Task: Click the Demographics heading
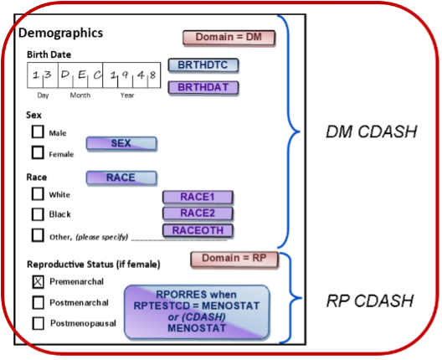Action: tap(60, 33)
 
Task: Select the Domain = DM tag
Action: tap(229, 38)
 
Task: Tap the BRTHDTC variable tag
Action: tap(203, 65)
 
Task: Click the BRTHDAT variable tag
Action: tap(203, 88)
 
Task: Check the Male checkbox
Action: tap(38, 131)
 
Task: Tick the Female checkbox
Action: tap(38, 152)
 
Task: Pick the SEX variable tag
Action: tap(121, 143)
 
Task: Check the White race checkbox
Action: tap(38, 194)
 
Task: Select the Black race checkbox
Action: tap(38, 214)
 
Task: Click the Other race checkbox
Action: tap(38, 235)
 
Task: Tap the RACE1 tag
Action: tap(198, 197)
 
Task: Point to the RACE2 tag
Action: tap(198, 213)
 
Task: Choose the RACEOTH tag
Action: tap(198, 230)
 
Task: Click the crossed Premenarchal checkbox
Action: tap(38, 281)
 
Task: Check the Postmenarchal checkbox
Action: tap(38, 302)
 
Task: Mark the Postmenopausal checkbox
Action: tap(38, 323)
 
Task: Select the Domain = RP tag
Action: tap(234, 259)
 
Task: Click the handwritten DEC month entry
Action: tap(81, 75)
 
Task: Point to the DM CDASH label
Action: tap(371, 131)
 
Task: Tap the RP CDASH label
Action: tap(369, 301)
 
